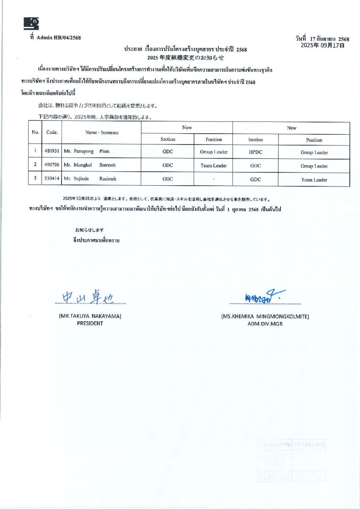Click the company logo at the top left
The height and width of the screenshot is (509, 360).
31,23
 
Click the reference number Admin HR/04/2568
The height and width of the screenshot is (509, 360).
58,38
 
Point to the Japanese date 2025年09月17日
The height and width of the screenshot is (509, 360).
322,45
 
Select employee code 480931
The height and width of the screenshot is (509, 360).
52,151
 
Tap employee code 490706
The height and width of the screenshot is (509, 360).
52,165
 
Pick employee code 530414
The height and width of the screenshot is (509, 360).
52,179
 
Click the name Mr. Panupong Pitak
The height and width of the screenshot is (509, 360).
87,152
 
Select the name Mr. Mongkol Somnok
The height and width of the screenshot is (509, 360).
90,165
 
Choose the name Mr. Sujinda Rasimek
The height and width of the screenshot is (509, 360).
90,179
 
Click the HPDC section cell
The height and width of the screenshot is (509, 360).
255,152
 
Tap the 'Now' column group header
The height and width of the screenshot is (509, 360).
187,128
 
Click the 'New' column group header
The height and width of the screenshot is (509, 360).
291,128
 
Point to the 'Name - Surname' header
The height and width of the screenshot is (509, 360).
102,132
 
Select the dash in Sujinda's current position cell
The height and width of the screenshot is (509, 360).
213,179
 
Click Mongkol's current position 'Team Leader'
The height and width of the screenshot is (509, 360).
213,165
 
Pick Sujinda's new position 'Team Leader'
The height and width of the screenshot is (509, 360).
314,180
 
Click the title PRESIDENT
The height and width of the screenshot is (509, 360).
90,323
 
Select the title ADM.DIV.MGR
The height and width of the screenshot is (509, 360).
265,324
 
